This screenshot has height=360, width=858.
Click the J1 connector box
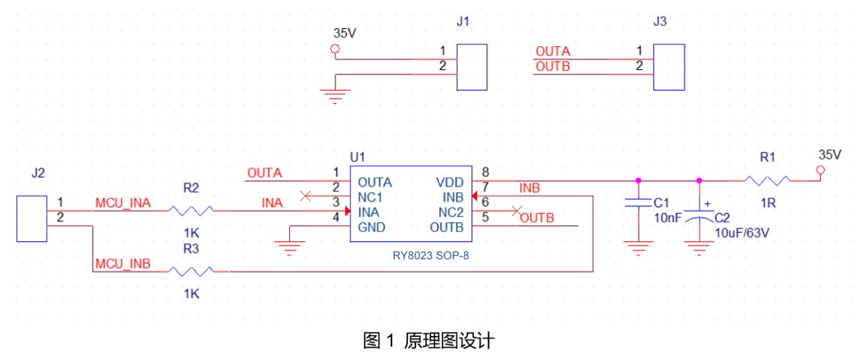point(472,67)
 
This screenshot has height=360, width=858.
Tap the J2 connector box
point(31,217)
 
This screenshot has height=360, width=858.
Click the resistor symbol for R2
point(191,211)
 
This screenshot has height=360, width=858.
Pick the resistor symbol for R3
point(191,271)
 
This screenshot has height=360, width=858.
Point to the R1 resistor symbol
point(768,180)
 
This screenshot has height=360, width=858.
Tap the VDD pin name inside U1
point(449,182)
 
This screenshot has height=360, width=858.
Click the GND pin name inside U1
point(371,227)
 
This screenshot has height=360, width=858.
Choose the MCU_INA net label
point(123,203)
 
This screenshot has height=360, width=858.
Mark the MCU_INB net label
point(123,263)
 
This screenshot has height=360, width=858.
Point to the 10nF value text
point(666,217)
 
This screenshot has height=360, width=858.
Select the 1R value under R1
point(767,203)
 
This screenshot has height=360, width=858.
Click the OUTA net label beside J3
point(552,51)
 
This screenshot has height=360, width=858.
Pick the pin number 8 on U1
point(485,172)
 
